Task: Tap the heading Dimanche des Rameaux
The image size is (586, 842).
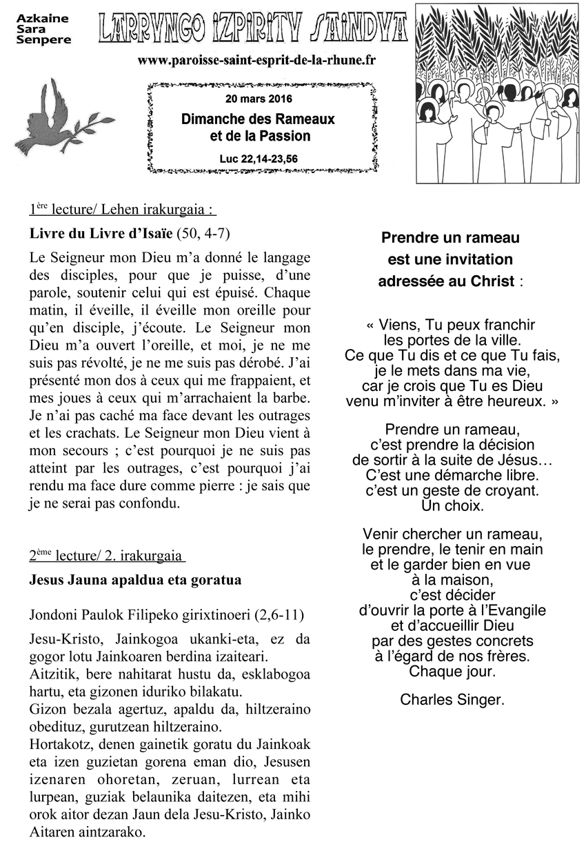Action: (x=258, y=119)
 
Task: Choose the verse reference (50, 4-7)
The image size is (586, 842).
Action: (x=203, y=234)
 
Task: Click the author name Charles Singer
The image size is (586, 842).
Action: (x=452, y=700)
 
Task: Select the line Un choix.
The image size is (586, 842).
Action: (x=452, y=506)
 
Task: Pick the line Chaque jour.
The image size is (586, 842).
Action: (x=452, y=671)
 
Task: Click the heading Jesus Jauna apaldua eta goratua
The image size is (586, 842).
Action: (x=135, y=579)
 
